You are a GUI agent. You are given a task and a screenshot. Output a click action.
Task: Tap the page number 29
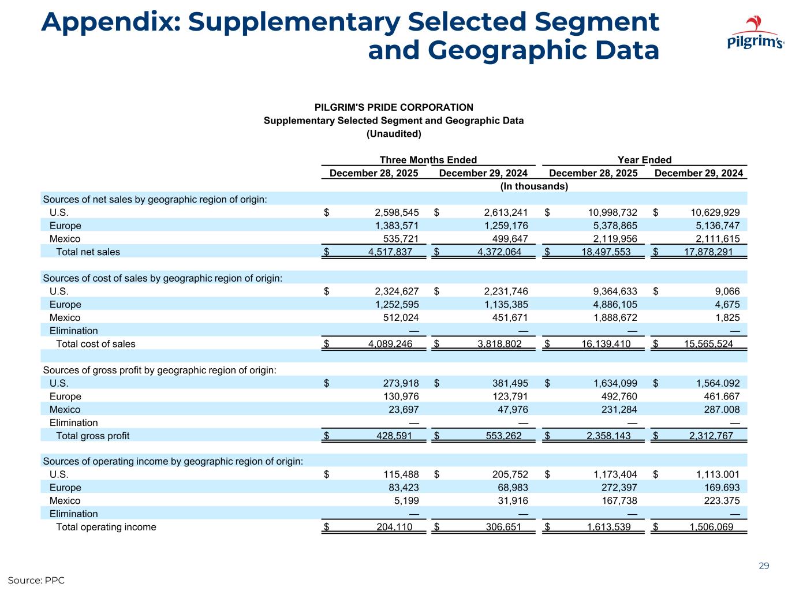(764, 566)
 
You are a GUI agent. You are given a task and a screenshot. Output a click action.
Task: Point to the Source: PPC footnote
(36, 579)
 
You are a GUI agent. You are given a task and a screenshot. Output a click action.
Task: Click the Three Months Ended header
(428, 160)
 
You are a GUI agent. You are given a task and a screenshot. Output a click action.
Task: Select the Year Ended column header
(644, 160)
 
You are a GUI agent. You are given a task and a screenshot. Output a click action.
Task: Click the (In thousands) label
(533, 186)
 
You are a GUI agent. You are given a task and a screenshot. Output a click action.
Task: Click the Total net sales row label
(88, 252)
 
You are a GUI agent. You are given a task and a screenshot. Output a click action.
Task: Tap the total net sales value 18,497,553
(606, 252)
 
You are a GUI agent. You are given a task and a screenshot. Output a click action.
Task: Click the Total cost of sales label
(95, 344)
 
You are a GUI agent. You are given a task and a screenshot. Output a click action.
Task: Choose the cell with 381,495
(507, 383)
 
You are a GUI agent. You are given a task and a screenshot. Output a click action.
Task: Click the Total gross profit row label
(92, 436)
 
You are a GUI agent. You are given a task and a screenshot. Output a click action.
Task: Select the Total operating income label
(106, 527)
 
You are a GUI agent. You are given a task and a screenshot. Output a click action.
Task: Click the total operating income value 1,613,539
(606, 527)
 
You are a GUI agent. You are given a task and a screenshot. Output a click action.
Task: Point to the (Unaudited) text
(394, 134)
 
